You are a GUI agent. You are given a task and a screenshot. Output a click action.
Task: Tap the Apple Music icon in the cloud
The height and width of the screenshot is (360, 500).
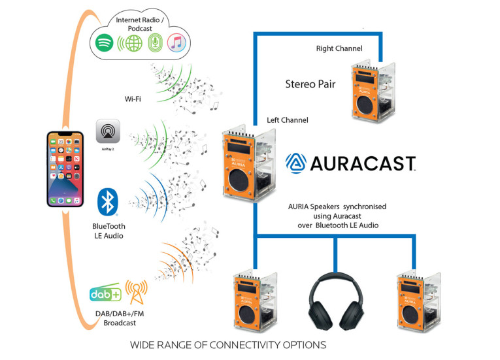tap(175, 43)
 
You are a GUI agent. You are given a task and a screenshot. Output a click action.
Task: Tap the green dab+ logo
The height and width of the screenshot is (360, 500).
tap(105, 294)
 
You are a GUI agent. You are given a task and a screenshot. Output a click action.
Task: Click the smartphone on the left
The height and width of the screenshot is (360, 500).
tap(65, 169)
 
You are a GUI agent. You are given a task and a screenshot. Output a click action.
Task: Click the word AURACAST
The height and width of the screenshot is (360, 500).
tap(362, 163)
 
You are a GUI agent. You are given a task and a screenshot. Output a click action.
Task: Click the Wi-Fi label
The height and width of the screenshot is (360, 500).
tap(135, 99)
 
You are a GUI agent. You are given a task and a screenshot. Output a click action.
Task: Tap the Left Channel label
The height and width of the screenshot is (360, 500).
tap(288, 120)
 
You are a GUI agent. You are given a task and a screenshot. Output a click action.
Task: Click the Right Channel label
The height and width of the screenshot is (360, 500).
tap(339, 48)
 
